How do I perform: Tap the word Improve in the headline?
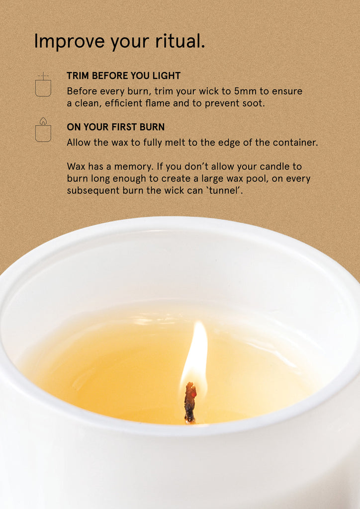click(x=70, y=41)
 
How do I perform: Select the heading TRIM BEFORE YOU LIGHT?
click(x=123, y=76)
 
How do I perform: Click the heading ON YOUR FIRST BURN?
click(x=115, y=127)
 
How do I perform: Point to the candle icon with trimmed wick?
click(x=43, y=85)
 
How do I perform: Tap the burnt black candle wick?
click(x=190, y=403)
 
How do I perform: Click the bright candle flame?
click(x=195, y=354)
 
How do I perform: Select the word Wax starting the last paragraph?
click(x=75, y=167)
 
